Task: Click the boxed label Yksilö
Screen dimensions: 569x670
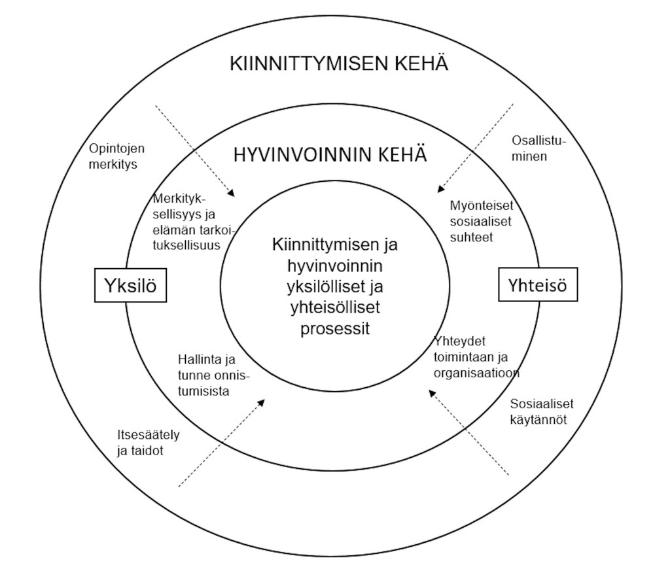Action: pyautogui.click(x=130, y=286)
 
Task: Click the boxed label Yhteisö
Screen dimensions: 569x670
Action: pyautogui.click(x=538, y=285)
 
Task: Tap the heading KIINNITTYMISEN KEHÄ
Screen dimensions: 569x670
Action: pyautogui.click(x=339, y=64)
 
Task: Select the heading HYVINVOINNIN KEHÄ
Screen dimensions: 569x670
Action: pyautogui.click(x=330, y=156)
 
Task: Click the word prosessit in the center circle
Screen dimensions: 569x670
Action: pyautogui.click(x=335, y=328)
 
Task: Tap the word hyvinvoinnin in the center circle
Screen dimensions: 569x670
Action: pyautogui.click(x=335, y=267)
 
